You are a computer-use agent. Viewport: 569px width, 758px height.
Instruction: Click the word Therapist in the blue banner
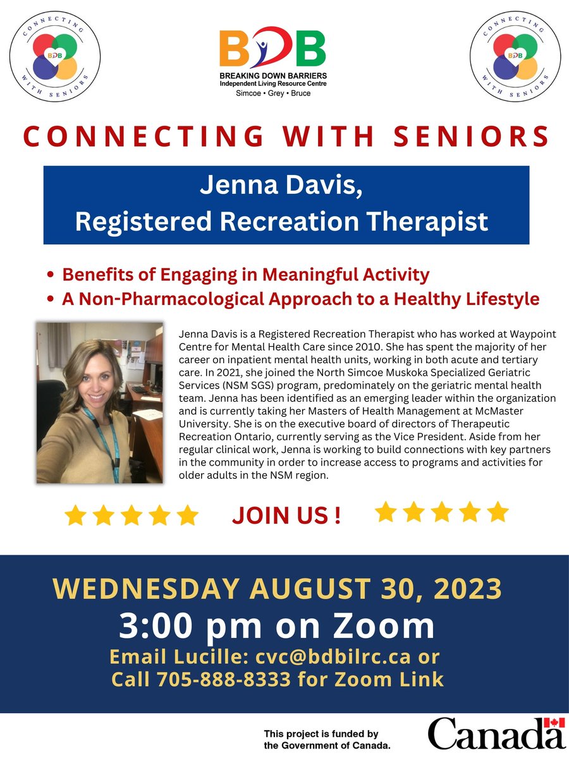click(x=430, y=221)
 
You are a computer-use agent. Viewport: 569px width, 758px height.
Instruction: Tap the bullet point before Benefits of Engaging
click(x=51, y=276)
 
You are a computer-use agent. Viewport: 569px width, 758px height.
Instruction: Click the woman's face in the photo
click(x=103, y=373)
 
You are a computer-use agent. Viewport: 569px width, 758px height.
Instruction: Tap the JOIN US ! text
click(x=286, y=515)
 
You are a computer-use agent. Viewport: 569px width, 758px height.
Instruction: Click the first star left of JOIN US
click(x=75, y=515)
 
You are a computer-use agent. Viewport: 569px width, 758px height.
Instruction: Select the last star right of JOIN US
click(x=498, y=512)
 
